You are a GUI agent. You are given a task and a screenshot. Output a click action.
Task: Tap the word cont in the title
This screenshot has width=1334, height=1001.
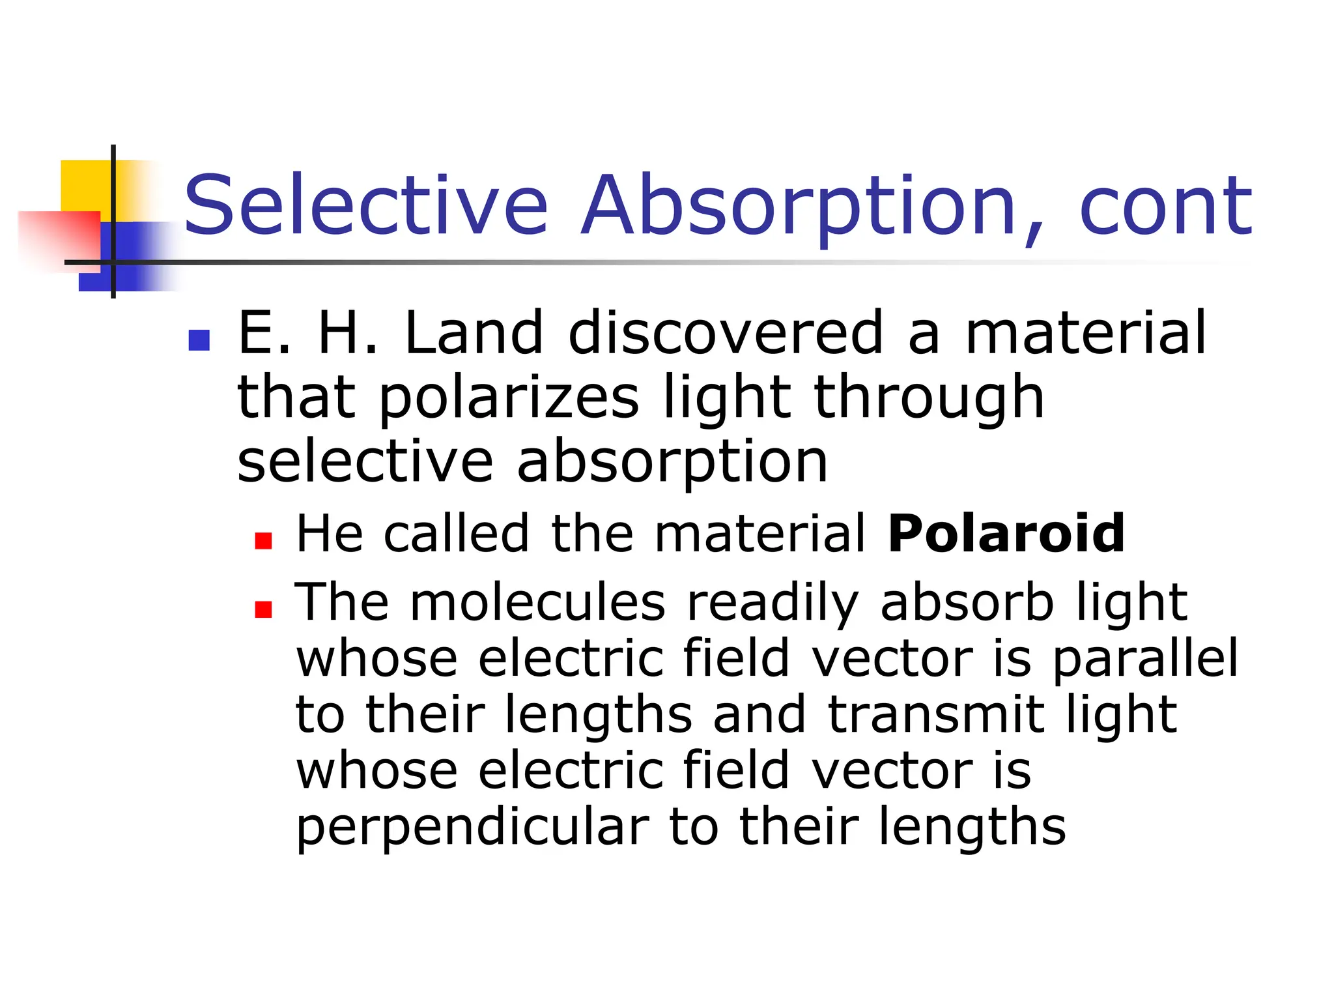tap(1165, 206)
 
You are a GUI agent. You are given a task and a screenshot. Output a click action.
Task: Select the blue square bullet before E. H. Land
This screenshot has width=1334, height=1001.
tap(199, 340)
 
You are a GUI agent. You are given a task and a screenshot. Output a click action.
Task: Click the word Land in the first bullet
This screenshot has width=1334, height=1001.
tap(474, 334)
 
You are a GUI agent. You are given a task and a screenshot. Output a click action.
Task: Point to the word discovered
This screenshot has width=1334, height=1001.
tap(726, 334)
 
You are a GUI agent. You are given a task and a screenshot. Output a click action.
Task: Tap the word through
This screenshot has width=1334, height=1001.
tap(929, 399)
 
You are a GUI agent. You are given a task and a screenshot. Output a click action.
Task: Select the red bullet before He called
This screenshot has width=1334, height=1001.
tap(263, 541)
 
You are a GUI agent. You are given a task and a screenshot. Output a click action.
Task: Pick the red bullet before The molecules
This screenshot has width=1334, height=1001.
tap(263, 609)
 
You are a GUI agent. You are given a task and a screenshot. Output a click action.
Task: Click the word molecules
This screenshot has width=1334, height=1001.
tap(538, 603)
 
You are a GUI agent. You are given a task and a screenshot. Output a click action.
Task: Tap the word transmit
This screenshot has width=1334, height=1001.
tap(937, 715)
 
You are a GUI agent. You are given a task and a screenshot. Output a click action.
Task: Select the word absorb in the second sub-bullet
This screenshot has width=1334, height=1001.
tap(967, 603)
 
